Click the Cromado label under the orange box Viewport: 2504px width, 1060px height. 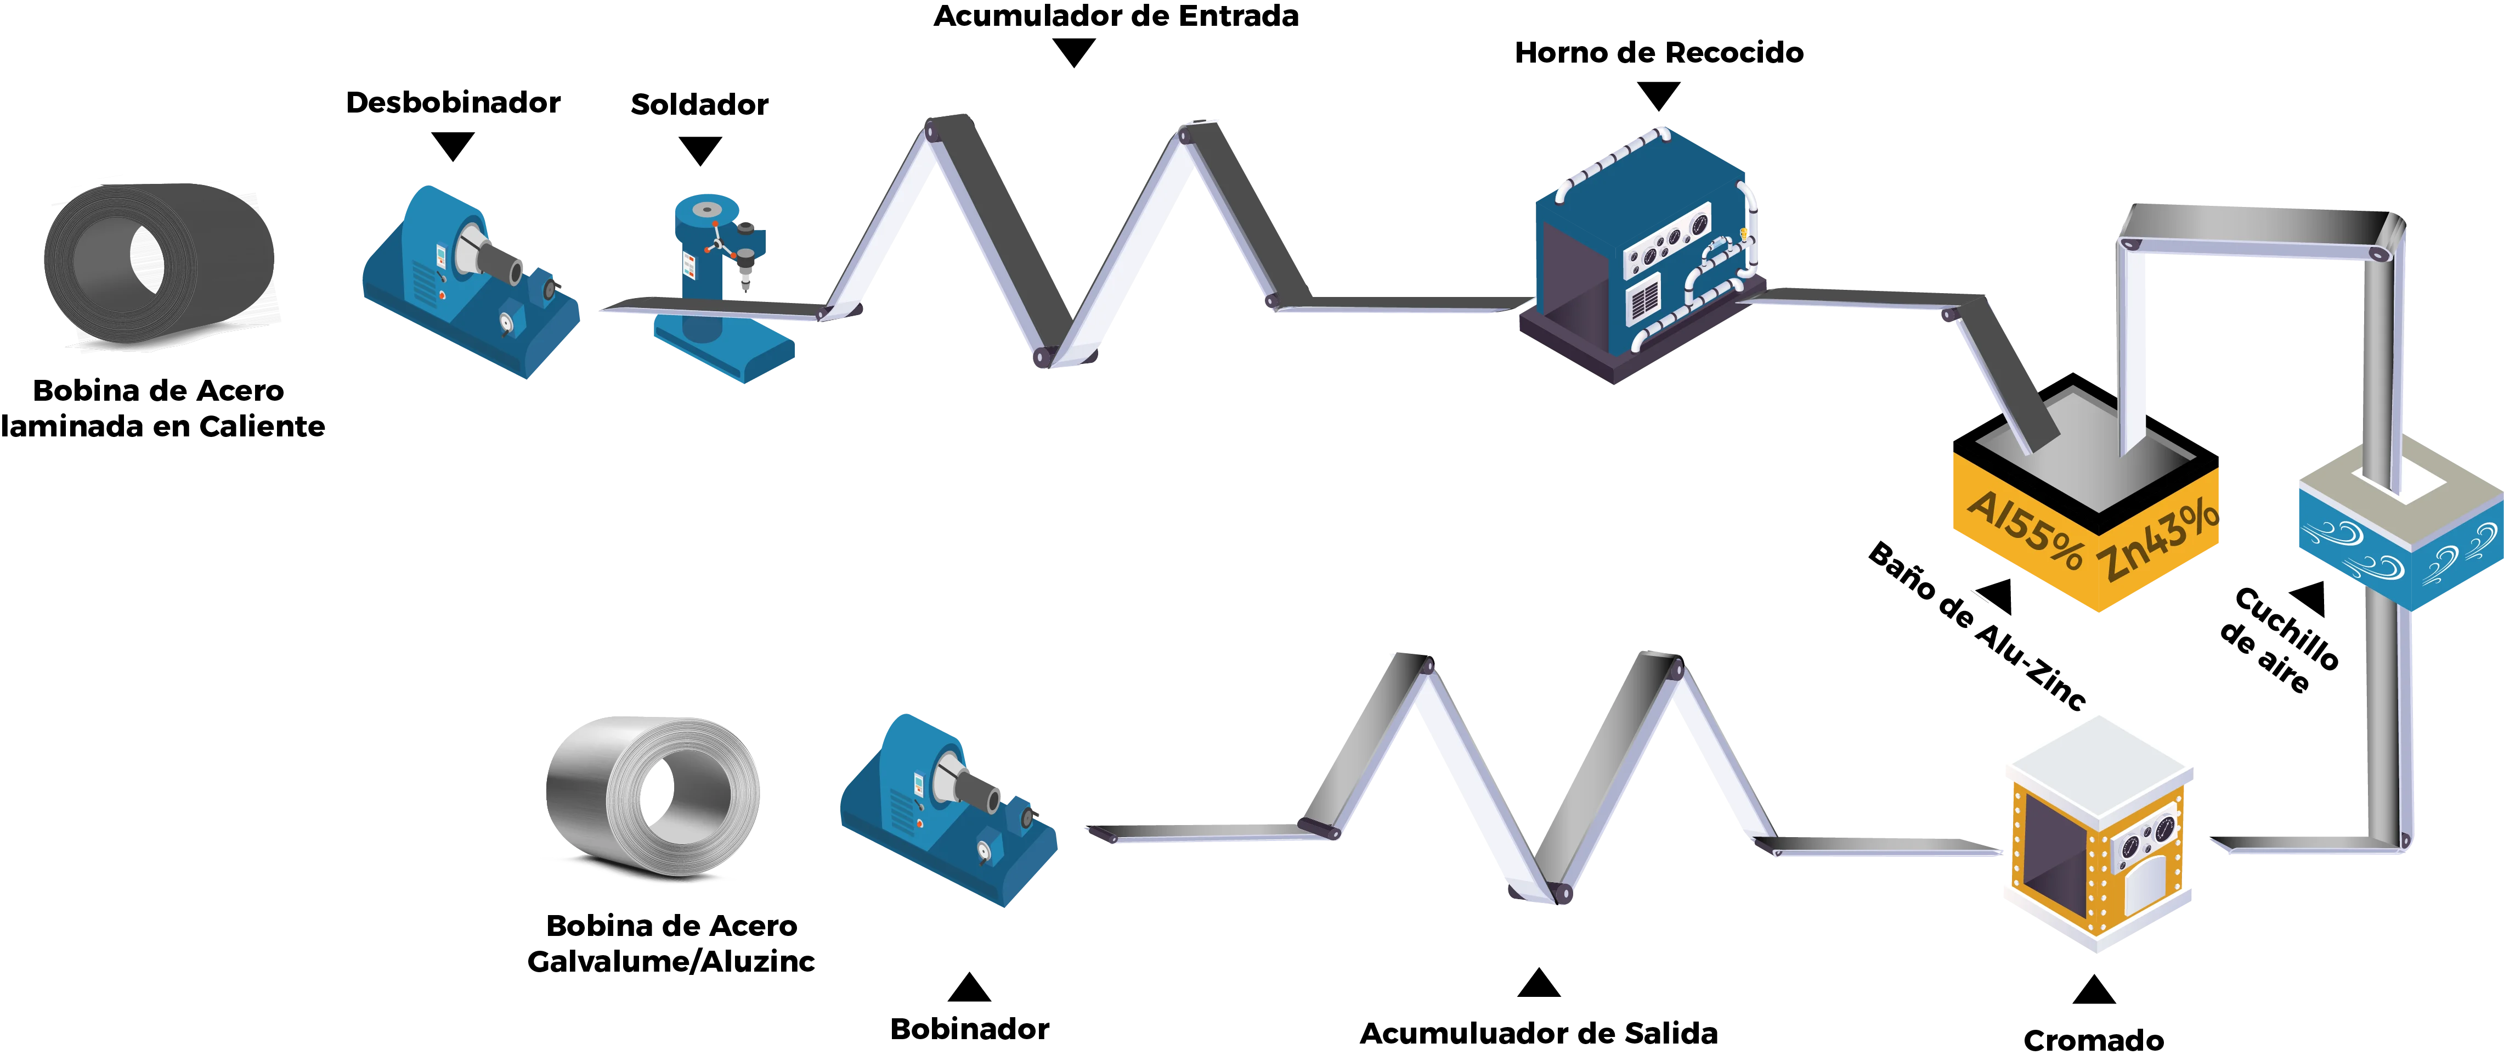pyautogui.click(x=2095, y=1041)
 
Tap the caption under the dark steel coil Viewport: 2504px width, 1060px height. pyautogui.click(x=160, y=408)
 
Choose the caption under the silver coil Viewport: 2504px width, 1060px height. pyautogui.click(x=671, y=943)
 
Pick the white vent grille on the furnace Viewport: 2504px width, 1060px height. pyautogui.click(x=1644, y=299)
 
